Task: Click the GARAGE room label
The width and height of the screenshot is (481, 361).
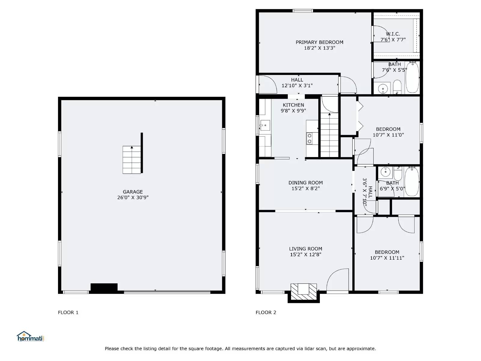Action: coord(133,192)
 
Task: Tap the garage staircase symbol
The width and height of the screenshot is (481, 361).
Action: coord(132,160)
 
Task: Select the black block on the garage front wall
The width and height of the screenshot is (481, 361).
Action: coord(104,287)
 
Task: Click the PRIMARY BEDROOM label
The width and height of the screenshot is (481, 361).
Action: coord(319,42)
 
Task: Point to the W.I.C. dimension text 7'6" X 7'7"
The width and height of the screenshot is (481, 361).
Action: coord(393,40)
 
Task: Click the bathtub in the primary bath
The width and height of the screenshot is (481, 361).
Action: coord(412,77)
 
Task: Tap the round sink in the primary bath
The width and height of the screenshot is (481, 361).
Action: coord(383,89)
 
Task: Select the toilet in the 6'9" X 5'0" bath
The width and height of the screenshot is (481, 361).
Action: coord(398,173)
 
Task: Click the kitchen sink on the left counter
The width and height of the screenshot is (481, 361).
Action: coord(265,125)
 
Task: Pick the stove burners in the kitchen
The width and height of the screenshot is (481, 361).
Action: coord(309,139)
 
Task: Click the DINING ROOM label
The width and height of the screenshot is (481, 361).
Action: coord(305,183)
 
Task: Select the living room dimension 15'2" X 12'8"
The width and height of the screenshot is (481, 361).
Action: coord(305,255)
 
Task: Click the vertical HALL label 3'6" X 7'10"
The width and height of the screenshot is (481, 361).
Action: coord(367,192)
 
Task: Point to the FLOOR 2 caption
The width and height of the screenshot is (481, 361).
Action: coord(266,312)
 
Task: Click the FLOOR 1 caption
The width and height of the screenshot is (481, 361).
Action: coord(68,312)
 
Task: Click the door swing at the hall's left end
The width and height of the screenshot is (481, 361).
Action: coord(267,84)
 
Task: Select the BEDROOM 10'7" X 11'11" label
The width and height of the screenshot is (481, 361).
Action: coord(387,255)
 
